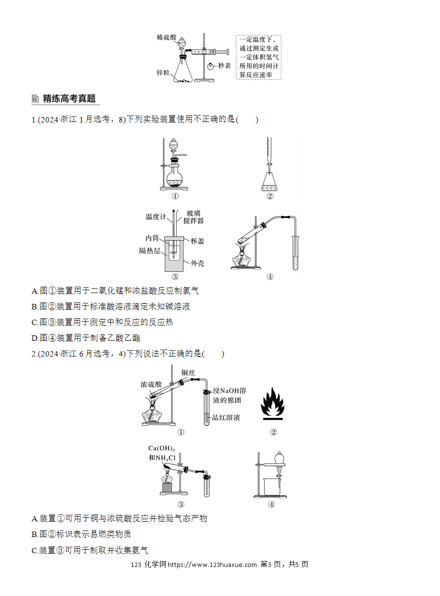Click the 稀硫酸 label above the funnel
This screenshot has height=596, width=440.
pos(166,37)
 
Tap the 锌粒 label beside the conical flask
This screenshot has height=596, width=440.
pos(163,72)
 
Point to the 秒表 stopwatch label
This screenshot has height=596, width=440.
pos(224,65)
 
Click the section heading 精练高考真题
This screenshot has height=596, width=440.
pos(69,98)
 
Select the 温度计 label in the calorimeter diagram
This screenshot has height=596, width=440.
pos(156,216)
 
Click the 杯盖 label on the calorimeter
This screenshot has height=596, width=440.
pos(197,241)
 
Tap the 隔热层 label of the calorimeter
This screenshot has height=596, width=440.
pos(150,251)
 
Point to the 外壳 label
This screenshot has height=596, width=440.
pos(197,263)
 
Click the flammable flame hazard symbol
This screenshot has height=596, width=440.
pos(273,403)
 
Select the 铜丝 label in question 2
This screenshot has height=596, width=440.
pos(188,373)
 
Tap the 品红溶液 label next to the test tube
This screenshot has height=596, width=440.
pos(226,417)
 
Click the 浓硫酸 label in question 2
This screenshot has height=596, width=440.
pos(151,384)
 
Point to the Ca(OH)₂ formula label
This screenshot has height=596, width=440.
pos(161,448)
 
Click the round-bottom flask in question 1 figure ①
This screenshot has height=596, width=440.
pos(174,179)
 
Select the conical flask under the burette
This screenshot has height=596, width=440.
pos(269,182)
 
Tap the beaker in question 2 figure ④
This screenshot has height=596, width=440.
pos(272,487)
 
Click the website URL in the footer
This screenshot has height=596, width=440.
pos(212,564)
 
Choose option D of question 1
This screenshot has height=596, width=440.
pos(86,338)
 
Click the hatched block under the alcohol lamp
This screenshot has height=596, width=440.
pos(167,488)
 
